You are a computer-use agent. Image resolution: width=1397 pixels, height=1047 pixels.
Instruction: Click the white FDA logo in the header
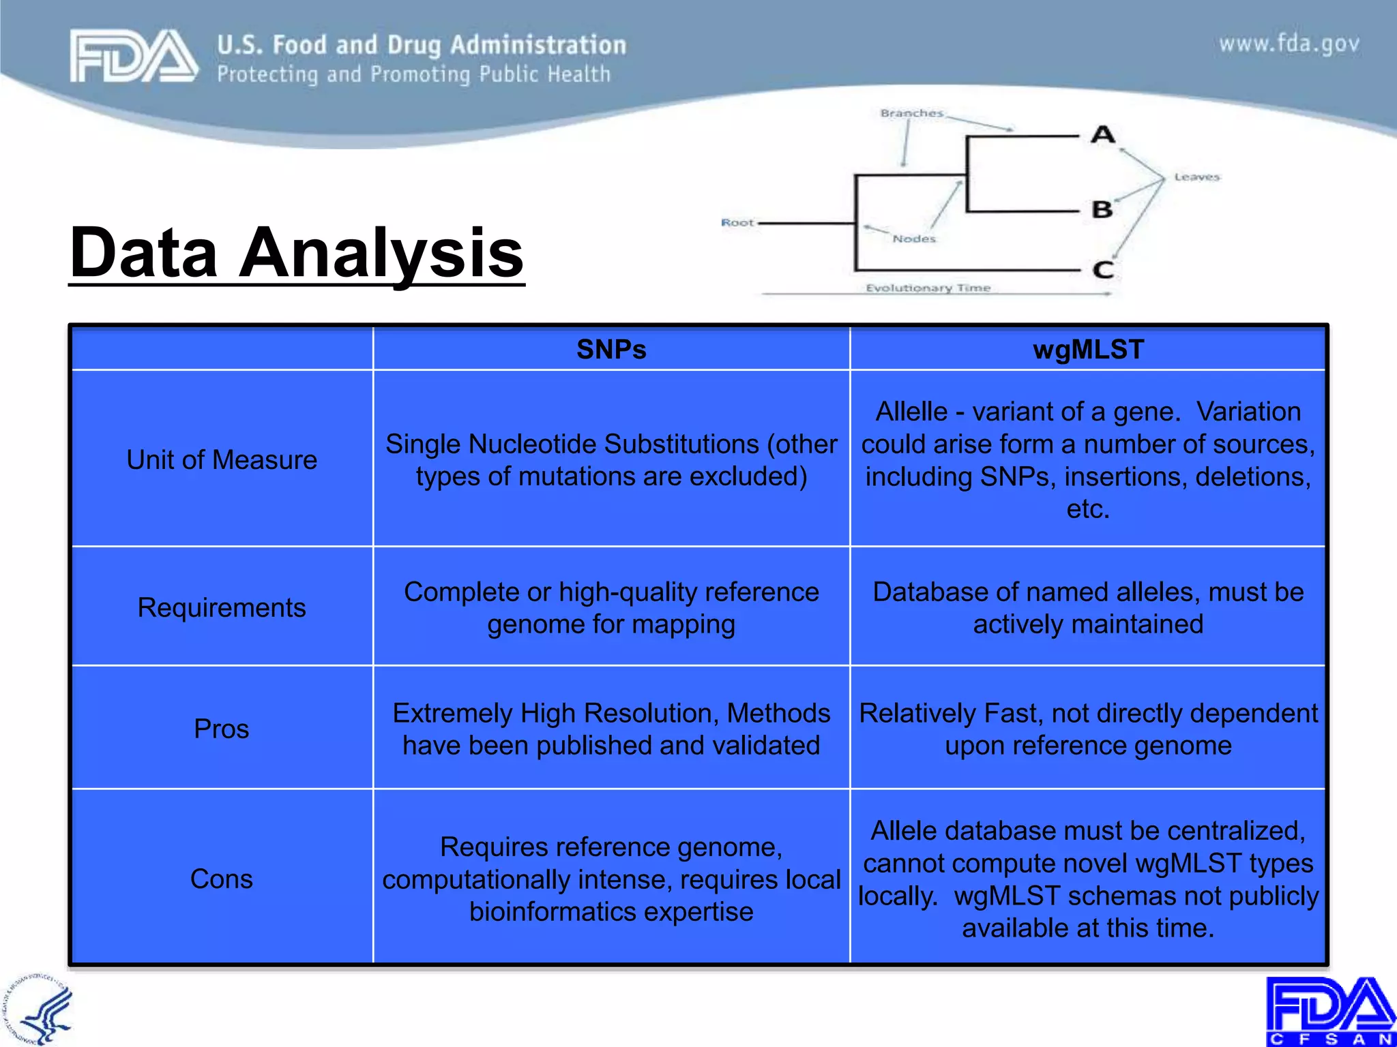(134, 56)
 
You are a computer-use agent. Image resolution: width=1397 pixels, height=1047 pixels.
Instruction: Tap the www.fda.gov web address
(1289, 44)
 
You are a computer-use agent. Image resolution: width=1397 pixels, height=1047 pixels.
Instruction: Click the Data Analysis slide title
(297, 253)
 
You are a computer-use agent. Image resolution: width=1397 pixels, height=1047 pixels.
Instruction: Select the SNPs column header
(611, 350)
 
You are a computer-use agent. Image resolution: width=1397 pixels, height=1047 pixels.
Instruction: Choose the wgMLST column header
(1088, 350)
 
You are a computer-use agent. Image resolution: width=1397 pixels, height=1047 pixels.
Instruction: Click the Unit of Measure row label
(222, 460)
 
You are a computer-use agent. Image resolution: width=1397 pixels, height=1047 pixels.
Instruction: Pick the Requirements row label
(222, 607)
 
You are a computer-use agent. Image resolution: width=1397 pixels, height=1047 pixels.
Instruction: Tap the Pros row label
(222, 729)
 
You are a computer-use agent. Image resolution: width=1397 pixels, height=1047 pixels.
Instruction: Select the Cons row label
(222, 879)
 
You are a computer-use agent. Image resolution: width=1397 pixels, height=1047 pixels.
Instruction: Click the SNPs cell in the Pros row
(611, 729)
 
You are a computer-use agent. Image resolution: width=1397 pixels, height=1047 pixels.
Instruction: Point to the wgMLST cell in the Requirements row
(1088, 607)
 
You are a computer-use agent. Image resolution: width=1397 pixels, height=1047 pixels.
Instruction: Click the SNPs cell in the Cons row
(611, 879)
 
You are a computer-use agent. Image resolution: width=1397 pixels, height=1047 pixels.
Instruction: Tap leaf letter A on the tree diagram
(1102, 134)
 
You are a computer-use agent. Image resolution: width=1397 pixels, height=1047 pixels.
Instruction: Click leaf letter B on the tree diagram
(1102, 209)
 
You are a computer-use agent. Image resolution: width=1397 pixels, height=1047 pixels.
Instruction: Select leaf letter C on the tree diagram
(1103, 270)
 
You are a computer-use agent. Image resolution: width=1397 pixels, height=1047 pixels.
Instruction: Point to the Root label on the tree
(737, 223)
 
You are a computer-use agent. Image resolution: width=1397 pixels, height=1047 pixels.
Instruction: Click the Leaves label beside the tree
(1196, 177)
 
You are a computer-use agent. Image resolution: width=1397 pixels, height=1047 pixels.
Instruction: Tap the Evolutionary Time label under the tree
(928, 288)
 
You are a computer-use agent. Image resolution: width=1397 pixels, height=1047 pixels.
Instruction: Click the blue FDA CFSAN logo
(1330, 1011)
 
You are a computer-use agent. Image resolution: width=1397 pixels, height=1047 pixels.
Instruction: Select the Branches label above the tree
(911, 113)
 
